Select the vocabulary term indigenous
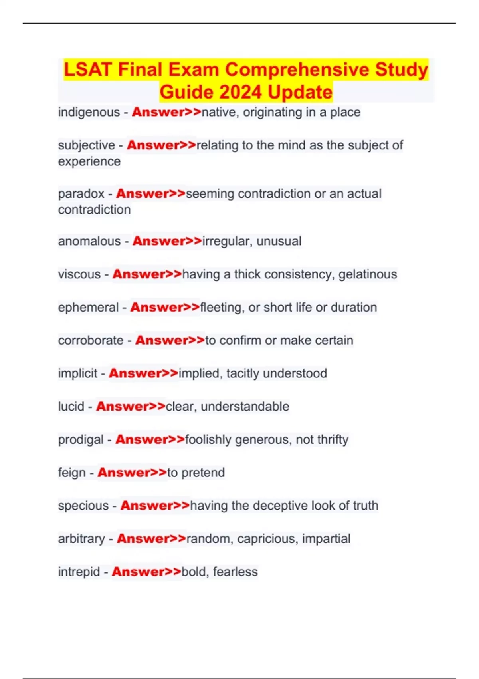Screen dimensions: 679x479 coord(89,112)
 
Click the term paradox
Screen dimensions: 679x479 coord(81,194)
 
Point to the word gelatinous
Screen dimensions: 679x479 coord(368,274)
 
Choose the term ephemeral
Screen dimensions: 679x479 coord(88,307)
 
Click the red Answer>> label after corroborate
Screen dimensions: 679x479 coord(170,340)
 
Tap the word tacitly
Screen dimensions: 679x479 coord(243,373)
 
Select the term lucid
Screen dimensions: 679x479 coord(71,407)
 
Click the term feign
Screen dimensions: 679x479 coord(72,473)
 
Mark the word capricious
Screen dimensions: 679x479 coord(267,539)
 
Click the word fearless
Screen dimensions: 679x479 coord(235,572)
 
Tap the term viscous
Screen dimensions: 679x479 coord(79,274)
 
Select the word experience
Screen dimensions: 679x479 coord(89,161)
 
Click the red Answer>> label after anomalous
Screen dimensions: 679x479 coord(167,241)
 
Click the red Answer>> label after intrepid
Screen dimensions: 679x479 coord(146,572)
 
